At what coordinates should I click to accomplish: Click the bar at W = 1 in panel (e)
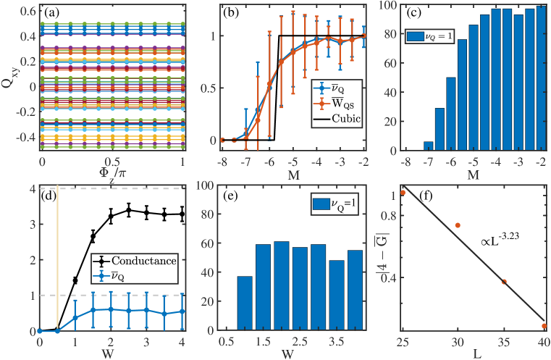pyautogui.click(x=245, y=304)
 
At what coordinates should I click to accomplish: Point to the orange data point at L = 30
pyautogui.click(x=457, y=225)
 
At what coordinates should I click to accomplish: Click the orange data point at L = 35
pyautogui.click(x=504, y=282)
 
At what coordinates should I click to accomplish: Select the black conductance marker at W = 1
pyautogui.click(x=75, y=280)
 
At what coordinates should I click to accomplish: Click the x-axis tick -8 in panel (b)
pyautogui.click(x=223, y=157)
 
